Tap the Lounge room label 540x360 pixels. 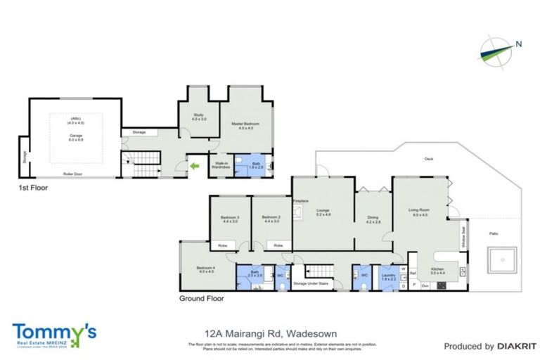click(x=323, y=211)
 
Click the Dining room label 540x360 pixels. click(x=373, y=219)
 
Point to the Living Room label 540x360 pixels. click(x=420, y=212)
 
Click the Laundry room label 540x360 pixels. click(x=388, y=276)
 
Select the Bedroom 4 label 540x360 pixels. click(x=205, y=269)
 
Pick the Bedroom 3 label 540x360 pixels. click(x=230, y=219)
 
